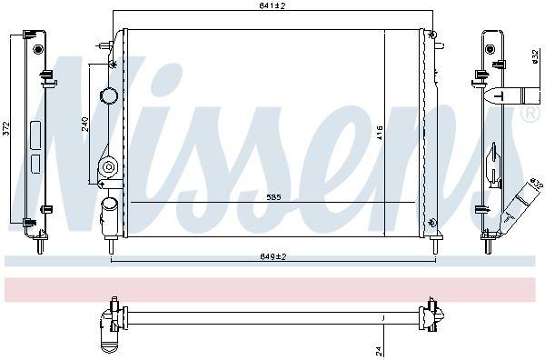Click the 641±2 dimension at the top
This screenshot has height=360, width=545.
(x=272, y=6)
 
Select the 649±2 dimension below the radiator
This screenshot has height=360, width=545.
(x=272, y=257)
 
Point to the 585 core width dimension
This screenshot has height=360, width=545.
(x=274, y=197)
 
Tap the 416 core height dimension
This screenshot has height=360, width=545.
(x=380, y=134)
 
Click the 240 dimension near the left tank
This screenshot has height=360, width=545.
(x=85, y=125)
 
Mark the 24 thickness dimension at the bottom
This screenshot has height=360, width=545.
(x=380, y=351)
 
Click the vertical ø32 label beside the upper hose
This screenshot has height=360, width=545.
(x=535, y=57)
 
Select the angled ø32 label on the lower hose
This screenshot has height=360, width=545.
(x=537, y=184)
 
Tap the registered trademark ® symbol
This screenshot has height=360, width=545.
(x=530, y=115)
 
